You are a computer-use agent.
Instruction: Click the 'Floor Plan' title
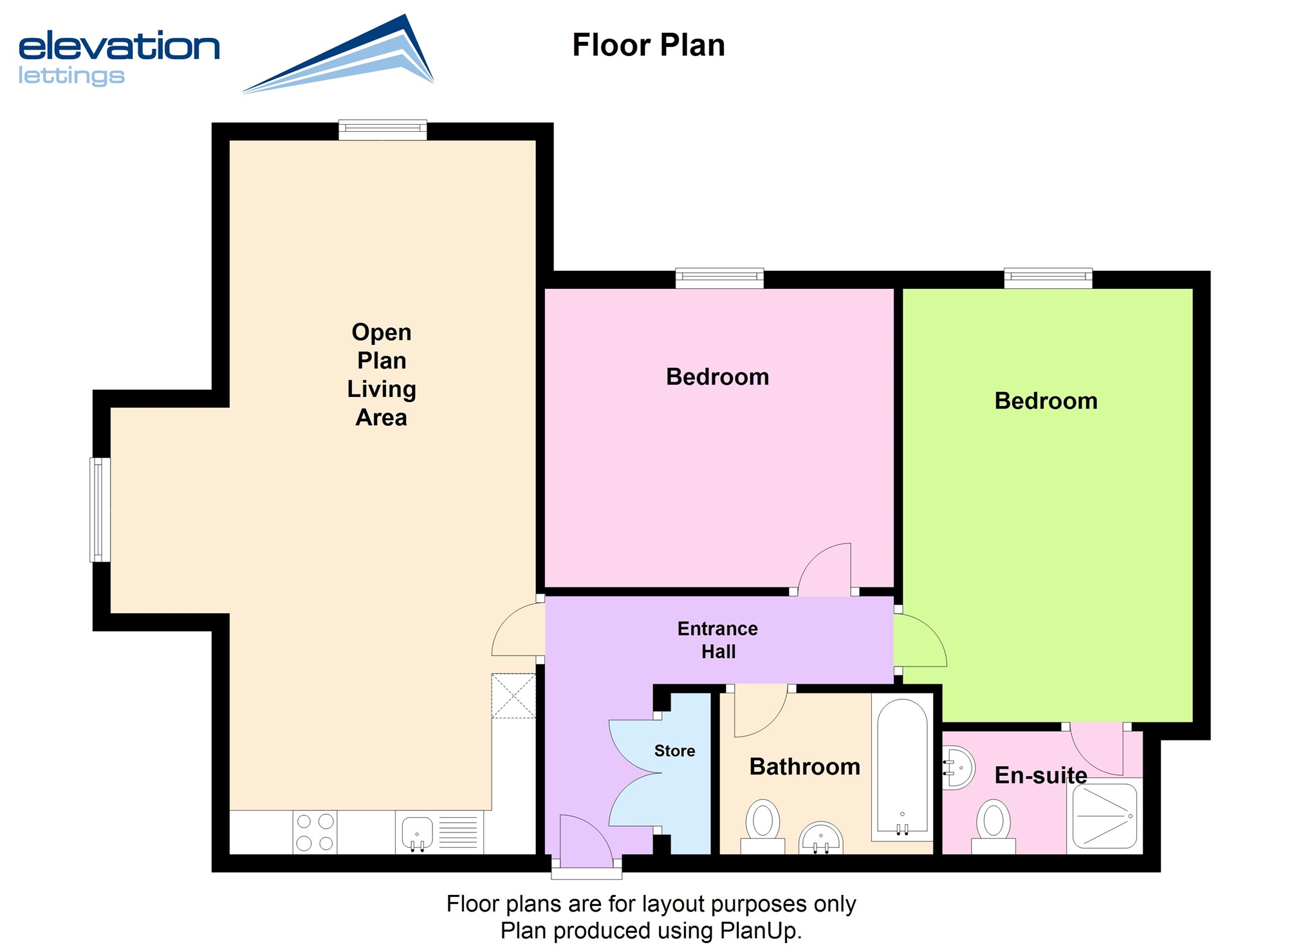click(x=649, y=45)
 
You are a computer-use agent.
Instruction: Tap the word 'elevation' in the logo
click(x=119, y=46)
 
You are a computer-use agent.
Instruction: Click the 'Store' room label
click(x=674, y=751)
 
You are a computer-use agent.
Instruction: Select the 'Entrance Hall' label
click(x=717, y=640)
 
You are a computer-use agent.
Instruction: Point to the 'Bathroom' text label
click(x=804, y=766)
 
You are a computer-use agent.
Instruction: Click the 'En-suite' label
click(x=1040, y=775)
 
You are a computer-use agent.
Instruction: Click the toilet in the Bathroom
click(x=762, y=826)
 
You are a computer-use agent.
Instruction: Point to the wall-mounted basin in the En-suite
click(x=958, y=768)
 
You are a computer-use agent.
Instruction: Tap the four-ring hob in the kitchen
click(x=315, y=832)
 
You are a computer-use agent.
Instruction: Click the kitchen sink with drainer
click(x=439, y=832)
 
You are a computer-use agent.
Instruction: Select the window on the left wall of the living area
click(x=100, y=510)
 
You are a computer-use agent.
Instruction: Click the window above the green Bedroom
click(x=1048, y=278)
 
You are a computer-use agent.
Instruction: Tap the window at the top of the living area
click(x=383, y=129)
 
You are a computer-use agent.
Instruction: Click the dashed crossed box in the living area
click(x=513, y=695)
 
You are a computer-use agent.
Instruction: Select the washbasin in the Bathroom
click(x=821, y=838)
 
